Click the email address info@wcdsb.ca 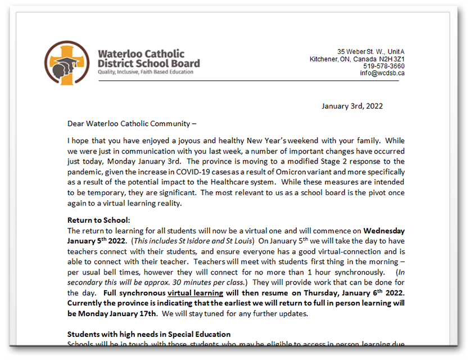tap(382, 73)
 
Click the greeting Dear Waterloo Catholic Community tap(132, 124)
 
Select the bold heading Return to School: tap(99, 220)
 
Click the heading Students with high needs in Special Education tap(149, 334)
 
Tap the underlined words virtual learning tap(195, 293)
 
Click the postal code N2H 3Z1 tap(389, 59)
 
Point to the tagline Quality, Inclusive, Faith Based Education tap(146, 72)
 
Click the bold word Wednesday tap(384, 231)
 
